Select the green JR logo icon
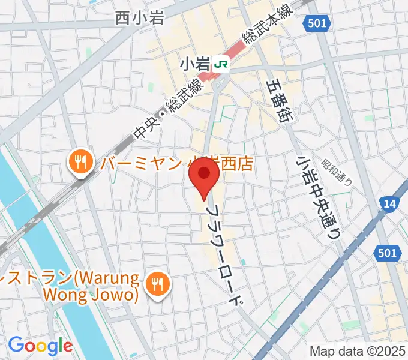(x=222, y=62)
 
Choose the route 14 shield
(x=389, y=205)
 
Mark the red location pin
(x=204, y=176)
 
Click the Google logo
(x=40, y=345)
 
